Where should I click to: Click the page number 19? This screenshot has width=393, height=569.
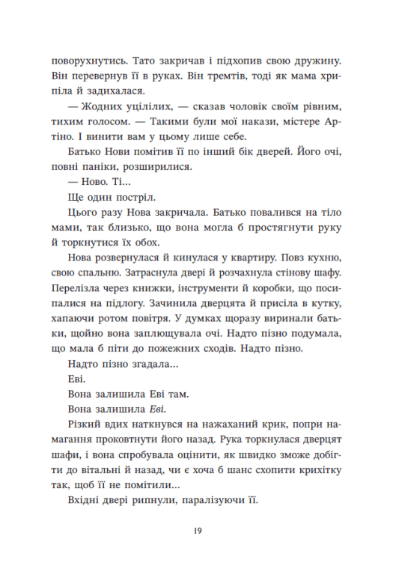pos(197,531)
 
